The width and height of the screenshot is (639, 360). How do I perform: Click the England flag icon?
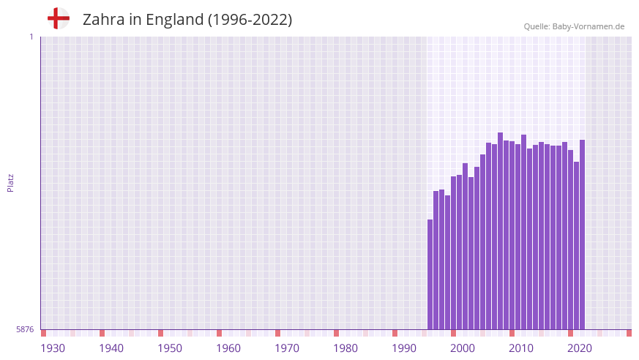click(x=59, y=18)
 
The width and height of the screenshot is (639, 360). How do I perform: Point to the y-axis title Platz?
click(x=10, y=182)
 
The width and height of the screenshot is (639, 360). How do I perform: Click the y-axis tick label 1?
click(x=31, y=37)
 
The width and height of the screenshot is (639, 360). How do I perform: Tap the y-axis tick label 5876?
click(x=25, y=329)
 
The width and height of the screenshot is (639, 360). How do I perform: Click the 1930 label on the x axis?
click(x=53, y=348)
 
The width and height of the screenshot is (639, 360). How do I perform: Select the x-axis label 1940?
click(x=111, y=348)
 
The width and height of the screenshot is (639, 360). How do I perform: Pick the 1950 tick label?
click(x=170, y=348)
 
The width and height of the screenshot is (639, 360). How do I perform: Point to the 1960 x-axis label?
click(x=228, y=348)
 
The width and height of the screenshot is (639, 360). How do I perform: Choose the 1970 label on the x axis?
click(x=287, y=348)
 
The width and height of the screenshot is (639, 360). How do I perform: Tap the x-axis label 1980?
click(x=345, y=348)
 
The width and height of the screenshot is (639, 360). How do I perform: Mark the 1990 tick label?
click(x=404, y=348)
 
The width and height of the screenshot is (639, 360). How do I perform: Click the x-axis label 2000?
click(x=463, y=348)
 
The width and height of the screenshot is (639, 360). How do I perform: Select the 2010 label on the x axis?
click(x=521, y=348)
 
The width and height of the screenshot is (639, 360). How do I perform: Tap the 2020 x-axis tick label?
click(x=580, y=348)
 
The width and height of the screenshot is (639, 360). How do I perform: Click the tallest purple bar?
click(x=501, y=230)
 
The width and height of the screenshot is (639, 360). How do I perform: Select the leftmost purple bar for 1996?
click(x=430, y=274)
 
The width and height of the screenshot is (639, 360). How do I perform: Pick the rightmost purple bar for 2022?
click(x=583, y=234)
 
